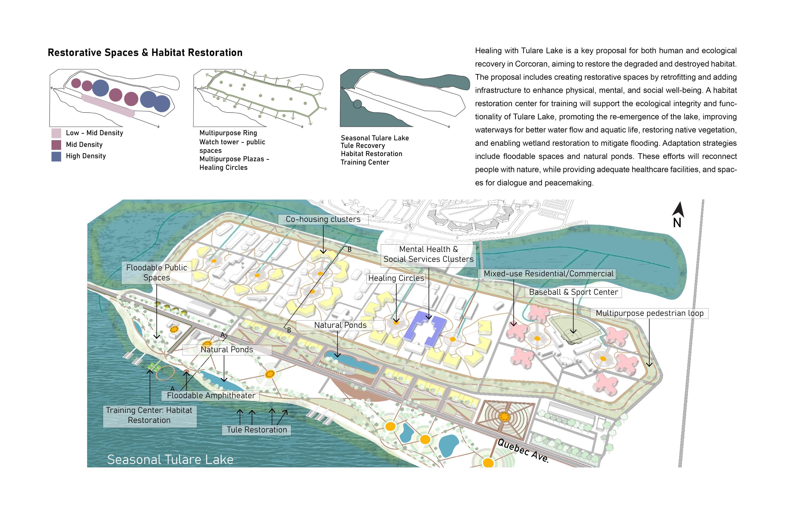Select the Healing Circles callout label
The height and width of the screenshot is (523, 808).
(x=396, y=278)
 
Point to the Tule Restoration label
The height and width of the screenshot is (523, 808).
(x=257, y=430)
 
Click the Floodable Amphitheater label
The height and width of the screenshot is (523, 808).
(x=211, y=395)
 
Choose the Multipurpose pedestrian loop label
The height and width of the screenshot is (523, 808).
(x=649, y=313)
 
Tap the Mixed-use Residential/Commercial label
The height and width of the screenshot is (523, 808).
(x=548, y=274)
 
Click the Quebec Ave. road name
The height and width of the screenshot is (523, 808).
(x=523, y=450)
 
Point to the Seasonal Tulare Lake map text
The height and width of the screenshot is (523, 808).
(x=170, y=459)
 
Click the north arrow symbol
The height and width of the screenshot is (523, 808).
(x=678, y=211)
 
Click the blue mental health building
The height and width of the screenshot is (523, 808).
(x=424, y=328)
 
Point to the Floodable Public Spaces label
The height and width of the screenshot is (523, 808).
(x=156, y=272)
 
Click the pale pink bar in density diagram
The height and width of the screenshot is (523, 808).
(x=108, y=106)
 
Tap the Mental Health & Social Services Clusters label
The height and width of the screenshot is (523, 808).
(x=428, y=254)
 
